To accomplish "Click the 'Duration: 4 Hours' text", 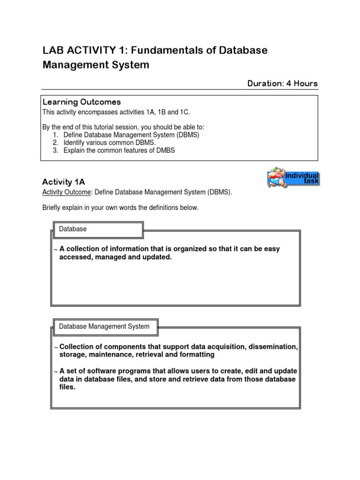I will coord(282,83).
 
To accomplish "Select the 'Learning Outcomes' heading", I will coord(82,102).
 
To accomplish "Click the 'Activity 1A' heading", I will coord(63,182).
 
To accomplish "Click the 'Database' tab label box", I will coord(97,229).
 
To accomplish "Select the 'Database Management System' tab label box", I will coord(105,326).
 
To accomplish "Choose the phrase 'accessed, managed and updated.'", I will coord(116,257).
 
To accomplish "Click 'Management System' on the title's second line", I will coord(96,65).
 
